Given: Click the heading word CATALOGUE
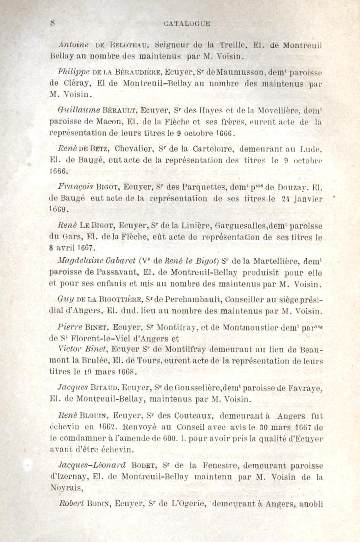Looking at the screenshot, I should (187, 23).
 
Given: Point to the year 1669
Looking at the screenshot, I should (59, 209).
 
